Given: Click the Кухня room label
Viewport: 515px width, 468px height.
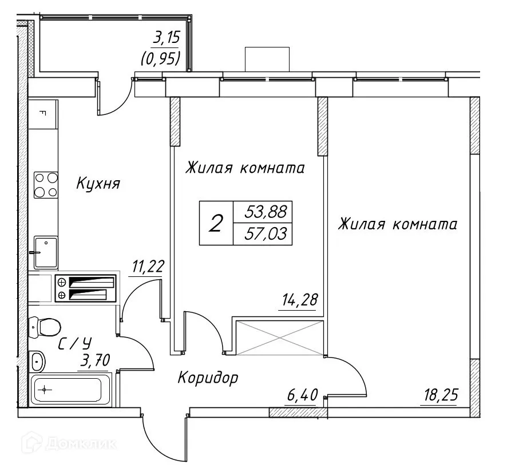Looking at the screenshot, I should [x=98, y=184].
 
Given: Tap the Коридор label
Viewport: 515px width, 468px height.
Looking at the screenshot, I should [x=208, y=378].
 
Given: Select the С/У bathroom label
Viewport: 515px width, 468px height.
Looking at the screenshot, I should [x=75, y=343].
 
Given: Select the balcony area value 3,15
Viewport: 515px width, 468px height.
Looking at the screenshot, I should [x=166, y=39].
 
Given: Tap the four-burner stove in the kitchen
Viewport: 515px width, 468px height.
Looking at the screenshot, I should [x=46, y=185].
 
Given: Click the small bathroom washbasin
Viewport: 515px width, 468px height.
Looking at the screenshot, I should [x=38, y=361].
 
